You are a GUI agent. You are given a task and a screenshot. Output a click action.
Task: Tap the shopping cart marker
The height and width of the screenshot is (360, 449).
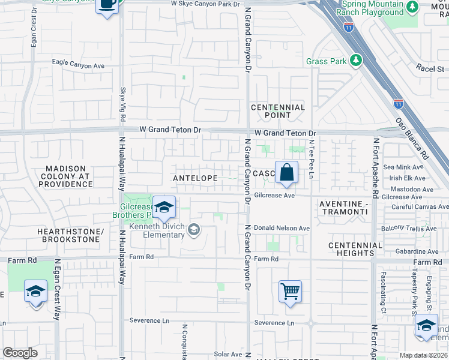coord(290,292)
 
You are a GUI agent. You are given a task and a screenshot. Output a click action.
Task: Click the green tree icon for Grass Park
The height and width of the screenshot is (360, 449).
coord(356,61)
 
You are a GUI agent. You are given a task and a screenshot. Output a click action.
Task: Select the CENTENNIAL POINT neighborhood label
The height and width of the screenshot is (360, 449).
coord(278,111)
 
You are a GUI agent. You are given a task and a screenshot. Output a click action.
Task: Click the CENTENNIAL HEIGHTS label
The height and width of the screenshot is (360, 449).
coord(355,249)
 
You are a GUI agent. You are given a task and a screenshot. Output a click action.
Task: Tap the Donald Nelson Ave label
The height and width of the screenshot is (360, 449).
coord(281,228)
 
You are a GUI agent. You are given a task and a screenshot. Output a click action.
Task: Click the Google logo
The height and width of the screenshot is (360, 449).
coord(20,353)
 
